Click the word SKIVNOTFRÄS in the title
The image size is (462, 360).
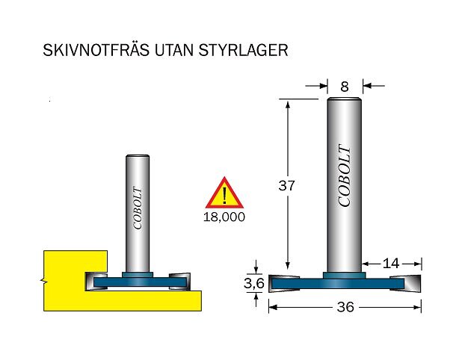(x=96, y=50)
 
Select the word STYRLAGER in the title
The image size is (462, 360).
(x=243, y=50)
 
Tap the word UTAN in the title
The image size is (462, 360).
(x=174, y=50)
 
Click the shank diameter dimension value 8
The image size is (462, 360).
(x=345, y=87)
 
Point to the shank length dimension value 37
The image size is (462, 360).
(x=286, y=186)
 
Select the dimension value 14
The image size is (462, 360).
(x=391, y=264)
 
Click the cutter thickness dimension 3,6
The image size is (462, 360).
(x=254, y=284)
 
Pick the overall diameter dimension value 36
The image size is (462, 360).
(x=345, y=307)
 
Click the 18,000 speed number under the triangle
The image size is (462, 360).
(x=224, y=217)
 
